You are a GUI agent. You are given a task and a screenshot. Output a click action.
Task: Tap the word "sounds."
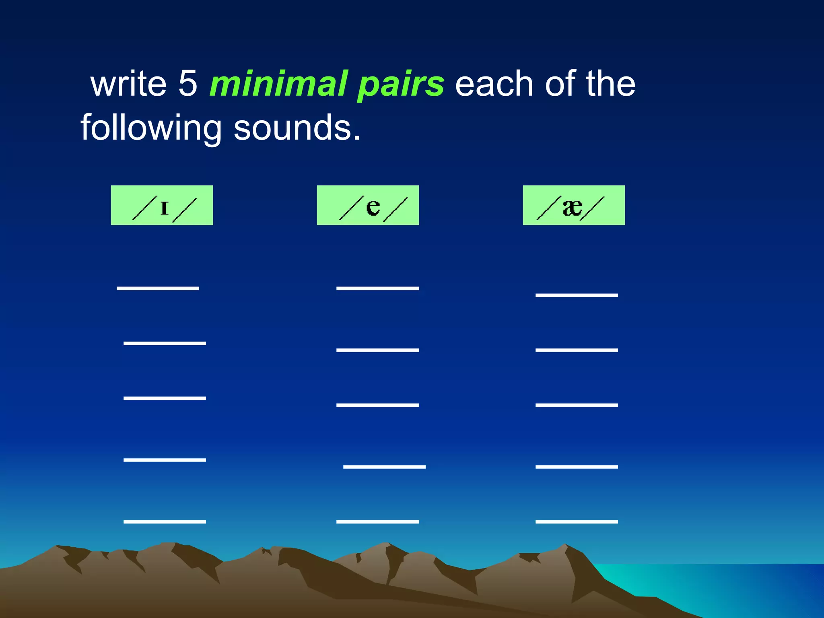[297, 128]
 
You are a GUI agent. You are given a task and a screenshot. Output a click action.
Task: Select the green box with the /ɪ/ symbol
[162, 205]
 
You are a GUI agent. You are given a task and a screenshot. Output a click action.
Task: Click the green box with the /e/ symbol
[368, 205]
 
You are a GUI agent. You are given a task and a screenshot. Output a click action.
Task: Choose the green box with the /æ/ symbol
[574, 205]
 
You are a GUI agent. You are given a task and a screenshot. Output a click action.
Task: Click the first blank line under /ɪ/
[158, 288]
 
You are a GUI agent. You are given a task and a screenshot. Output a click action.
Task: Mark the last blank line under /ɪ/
[165, 521]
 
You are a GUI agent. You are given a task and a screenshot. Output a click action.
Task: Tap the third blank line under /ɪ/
[165, 398]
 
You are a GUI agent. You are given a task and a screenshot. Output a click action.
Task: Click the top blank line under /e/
[377, 288]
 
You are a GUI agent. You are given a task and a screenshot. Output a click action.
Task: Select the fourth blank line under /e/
[384, 467]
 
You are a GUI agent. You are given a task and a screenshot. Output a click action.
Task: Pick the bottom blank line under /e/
[377, 521]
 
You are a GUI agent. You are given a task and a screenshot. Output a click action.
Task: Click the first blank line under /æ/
[577, 295]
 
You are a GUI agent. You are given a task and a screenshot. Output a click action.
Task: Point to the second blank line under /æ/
[577, 350]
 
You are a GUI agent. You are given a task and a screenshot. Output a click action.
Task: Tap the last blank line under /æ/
[577, 521]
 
